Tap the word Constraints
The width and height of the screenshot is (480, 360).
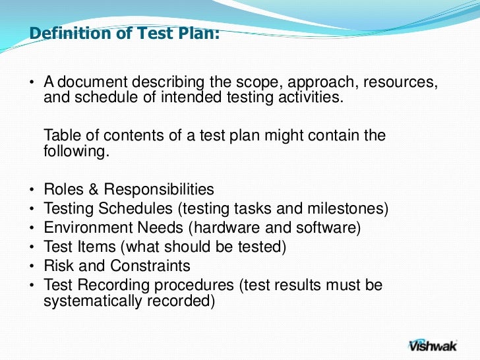pyautogui.click(x=150, y=266)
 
